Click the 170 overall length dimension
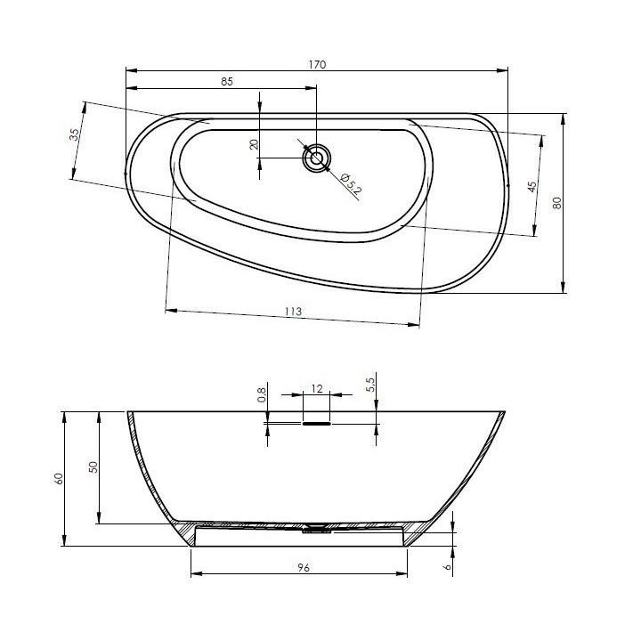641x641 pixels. coord(317,65)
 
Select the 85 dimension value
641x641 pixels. coord(227,82)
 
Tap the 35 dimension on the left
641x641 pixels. coord(75,134)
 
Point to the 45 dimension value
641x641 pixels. coord(531,187)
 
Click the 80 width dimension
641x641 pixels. coord(557,203)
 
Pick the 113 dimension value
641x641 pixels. coord(293,312)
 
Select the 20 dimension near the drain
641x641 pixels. coord(255,144)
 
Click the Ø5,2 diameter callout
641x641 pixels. coord(351,183)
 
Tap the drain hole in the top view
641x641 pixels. coord(316,158)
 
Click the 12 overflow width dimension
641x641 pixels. coord(317,389)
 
